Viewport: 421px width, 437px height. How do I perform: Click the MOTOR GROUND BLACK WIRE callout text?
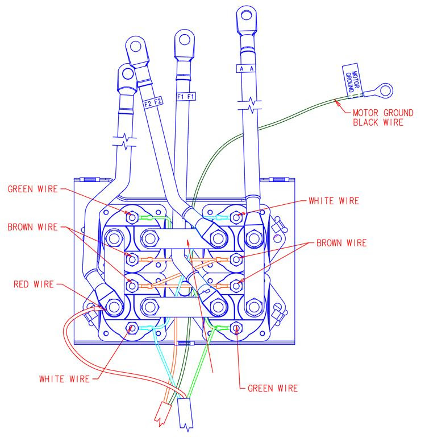click(383, 118)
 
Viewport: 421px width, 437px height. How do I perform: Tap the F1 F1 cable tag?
click(186, 97)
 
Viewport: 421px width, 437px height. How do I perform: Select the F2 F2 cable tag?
click(153, 102)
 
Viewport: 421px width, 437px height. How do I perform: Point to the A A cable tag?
click(246, 68)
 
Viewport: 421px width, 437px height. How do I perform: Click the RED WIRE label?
click(34, 285)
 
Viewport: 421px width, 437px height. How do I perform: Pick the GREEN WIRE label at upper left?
click(32, 189)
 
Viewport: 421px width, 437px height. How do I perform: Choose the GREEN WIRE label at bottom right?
click(273, 388)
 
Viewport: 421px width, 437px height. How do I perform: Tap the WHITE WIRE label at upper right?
click(334, 201)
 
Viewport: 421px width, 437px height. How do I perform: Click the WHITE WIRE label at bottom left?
click(64, 379)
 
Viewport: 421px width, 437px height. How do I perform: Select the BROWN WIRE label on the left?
click(32, 227)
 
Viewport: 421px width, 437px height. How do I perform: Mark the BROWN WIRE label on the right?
click(341, 243)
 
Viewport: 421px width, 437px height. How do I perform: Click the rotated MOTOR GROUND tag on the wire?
click(352, 81)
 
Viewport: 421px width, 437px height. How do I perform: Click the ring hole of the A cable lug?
click(247, 15)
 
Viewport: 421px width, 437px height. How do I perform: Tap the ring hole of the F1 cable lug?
click(185, 39)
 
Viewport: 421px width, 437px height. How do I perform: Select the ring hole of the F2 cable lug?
click(136, 46)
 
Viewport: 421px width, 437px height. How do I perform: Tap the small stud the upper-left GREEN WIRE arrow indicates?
click(132, 217)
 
